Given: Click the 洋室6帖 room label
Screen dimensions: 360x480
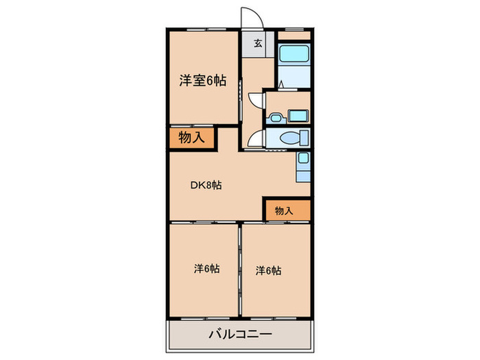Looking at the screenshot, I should coord(203,81).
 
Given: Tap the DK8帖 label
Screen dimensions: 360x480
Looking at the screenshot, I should coord(206,184).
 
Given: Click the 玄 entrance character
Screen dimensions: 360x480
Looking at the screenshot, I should coord(258,45).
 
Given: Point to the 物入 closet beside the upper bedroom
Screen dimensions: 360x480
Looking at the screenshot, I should coord(191,137).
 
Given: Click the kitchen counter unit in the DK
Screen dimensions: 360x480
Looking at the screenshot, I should coord(304,167).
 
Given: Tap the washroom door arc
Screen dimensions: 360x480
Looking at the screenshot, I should coord(256,99).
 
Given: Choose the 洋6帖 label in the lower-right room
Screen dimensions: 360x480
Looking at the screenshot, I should coord(269,270).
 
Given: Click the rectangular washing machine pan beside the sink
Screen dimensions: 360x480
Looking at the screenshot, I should coord(298,115).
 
